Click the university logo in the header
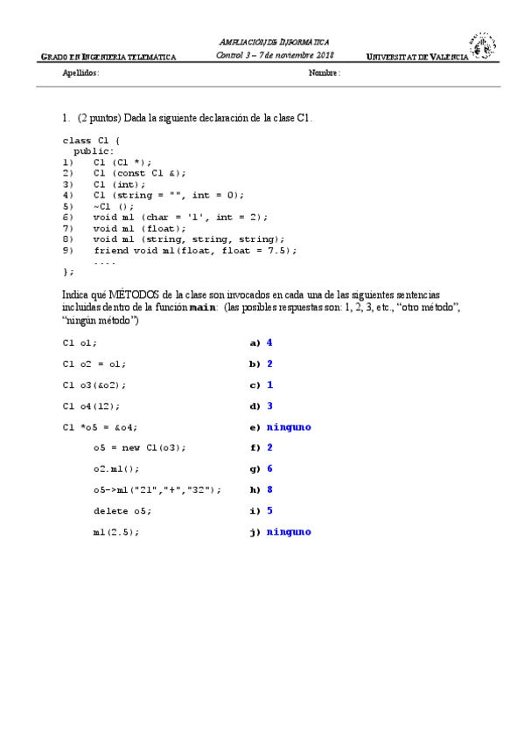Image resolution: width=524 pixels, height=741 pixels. pyautogui.click(x=482, y=47)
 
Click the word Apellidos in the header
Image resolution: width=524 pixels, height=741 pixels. pyautogui.click(x=81, y=73)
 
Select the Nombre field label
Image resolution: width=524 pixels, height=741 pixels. pyautogui.click(x=324, y=73)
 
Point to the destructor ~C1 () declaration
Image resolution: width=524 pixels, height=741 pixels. pyautogui.click(x=114, y=206)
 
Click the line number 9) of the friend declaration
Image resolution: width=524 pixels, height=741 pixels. pyautogui.click(x=68, y=251)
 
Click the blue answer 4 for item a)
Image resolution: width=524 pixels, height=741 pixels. pyautogui.click(x=269, y=343)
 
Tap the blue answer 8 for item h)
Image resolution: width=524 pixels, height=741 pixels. pyautogui.click(x=269, y=490)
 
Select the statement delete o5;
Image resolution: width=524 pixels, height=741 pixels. pyautogui.click(x=122, y=511)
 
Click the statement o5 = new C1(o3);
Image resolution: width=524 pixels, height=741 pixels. pyautogui.click(x=139, y=448)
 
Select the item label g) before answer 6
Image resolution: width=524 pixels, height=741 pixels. pyautogui.click(x=255, y=469)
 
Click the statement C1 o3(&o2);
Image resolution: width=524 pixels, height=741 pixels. pyautogui.click(x=94, y=385)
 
